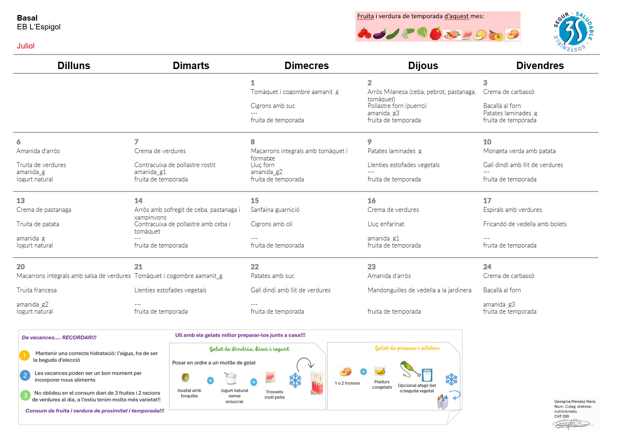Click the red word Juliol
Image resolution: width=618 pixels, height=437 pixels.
coord(26,46)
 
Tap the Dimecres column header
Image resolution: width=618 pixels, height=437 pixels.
coord(307,66)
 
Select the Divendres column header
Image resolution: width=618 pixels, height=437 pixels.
coord(540,66)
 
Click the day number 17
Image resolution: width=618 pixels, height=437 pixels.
coord(487,201)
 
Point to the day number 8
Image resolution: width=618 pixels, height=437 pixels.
coord(253,142)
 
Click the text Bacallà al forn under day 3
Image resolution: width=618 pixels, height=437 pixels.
coord(502,106)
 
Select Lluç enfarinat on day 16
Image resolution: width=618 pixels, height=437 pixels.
coord(386,224)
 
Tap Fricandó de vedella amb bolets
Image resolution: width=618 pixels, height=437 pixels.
coord(525,224)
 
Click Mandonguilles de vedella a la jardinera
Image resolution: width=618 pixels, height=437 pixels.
coord(419,290)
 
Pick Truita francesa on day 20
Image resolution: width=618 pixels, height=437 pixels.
coord(37,290)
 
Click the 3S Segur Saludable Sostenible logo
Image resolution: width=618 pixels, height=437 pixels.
coord(574,32)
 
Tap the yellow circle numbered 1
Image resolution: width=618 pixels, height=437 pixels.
coord(24,355)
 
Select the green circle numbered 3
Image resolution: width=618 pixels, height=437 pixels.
coord(25,396)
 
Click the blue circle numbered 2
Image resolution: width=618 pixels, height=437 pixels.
coord(25,375)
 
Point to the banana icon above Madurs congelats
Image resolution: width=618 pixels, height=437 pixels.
coord(380,371)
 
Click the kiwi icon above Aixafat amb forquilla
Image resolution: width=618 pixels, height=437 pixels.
coord(185,378)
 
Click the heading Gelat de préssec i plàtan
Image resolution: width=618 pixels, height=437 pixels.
coord(407,348)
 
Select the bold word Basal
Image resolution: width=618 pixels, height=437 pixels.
coord(27,18)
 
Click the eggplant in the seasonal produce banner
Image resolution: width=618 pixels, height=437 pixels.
coord(379,34)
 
